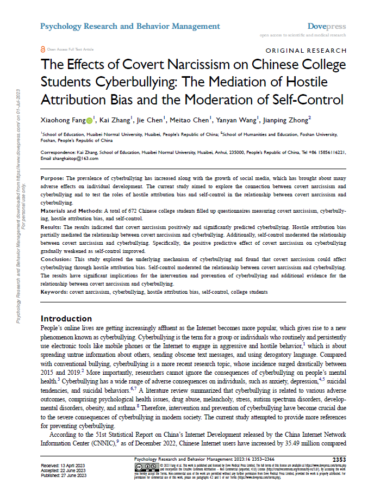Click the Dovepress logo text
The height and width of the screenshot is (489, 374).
coord(327,26)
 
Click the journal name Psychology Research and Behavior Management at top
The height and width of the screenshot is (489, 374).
coord(130,26)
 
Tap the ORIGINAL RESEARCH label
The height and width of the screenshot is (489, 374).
coord(306,51)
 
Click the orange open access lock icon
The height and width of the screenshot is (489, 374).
coord(43,48)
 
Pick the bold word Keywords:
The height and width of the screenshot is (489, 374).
coord(54,292)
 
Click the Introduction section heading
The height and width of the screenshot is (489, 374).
coord(67,318)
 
